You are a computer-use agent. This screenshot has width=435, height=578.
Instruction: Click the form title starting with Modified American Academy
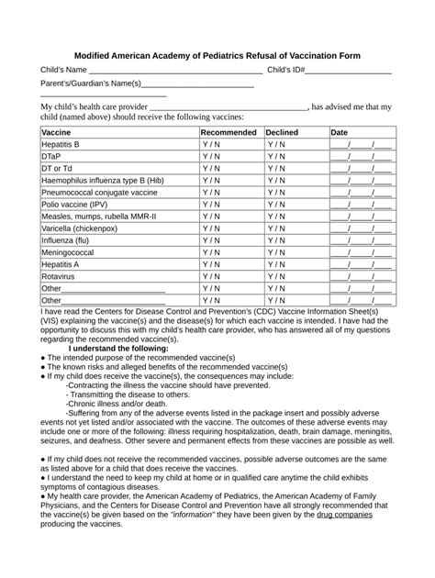coord(217,56)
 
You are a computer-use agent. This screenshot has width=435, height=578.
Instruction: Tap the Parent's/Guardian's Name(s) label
coord(91,84)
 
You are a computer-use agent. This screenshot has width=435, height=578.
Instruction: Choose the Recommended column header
coord(229,133)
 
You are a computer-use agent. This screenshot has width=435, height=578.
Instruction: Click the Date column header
coord(340,133)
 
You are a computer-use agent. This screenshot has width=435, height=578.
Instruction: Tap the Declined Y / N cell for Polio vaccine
coord(277,205)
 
